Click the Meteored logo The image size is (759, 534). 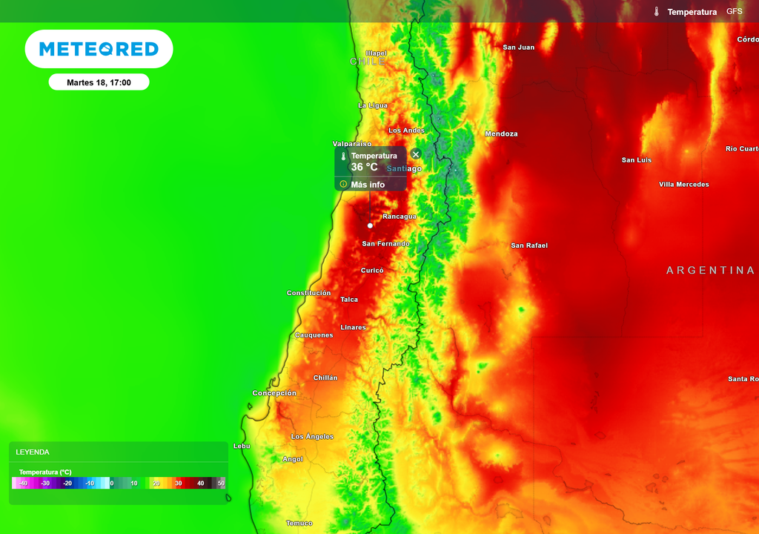click(x=99, y=49)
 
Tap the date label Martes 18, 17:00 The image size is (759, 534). click(x=99, y=82)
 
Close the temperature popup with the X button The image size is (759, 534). click(x=416, y=154)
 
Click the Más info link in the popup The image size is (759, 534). click(x=368, y=185)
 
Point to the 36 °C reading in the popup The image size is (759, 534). click(x=364, y=168)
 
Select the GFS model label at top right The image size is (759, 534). click(x=734, y=12)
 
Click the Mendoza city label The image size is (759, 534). click(x=501, y=134)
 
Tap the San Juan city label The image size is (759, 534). click(x=518, y=47)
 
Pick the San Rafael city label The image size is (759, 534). click(x=529, y=245)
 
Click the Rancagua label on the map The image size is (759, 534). click(x=399, y=217)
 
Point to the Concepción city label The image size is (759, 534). click(x=274, y=393)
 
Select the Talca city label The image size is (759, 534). click(x=348, y=300)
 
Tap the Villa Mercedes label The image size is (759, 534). click(x=683, y=185)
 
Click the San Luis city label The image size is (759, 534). click(x=637, y=160)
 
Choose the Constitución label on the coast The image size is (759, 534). click(x=308, y=293)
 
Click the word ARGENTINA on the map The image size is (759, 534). click(x=710, y=271)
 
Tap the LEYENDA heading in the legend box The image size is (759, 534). click(x=33, y=452)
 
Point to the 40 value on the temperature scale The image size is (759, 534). click(x=200, y=484)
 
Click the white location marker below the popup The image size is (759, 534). click(x=370, y=225)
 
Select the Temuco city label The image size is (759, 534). click(x=299, y=524)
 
